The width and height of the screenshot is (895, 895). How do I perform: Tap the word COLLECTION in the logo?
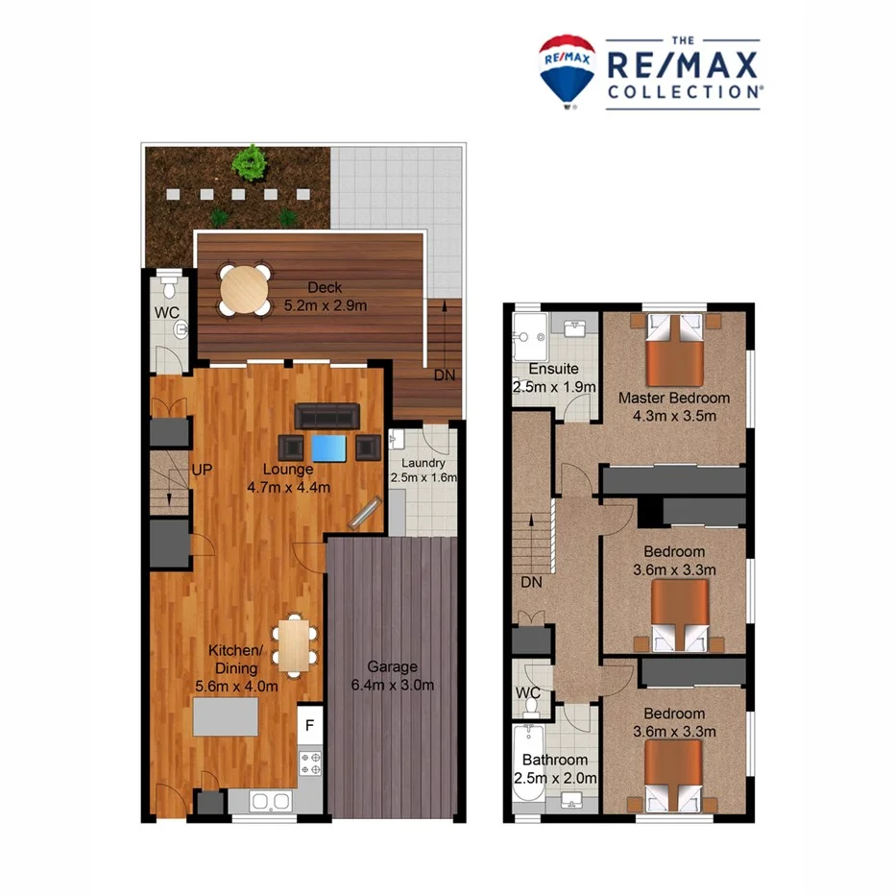point(683,91)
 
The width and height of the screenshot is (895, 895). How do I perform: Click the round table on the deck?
point(245,287)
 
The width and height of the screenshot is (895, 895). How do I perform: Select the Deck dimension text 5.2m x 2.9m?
point(327,306)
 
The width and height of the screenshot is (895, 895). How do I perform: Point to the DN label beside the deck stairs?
point(444,375)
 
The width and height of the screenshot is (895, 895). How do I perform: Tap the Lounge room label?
point(289,470)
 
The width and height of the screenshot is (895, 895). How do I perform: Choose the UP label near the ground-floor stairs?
point(202,470)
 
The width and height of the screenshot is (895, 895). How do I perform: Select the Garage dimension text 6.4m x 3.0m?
point(391,685)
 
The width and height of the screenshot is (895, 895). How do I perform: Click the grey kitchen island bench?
point(226,716)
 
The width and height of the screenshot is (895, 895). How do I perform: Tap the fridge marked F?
point(309,726)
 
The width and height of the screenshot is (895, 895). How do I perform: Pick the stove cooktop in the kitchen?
point(310,763)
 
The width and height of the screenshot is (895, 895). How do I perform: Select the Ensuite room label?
point(553,369)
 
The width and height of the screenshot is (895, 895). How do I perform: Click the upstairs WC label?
point(528,693)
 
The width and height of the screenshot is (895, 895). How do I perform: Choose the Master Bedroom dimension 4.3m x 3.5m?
point(673,416)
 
